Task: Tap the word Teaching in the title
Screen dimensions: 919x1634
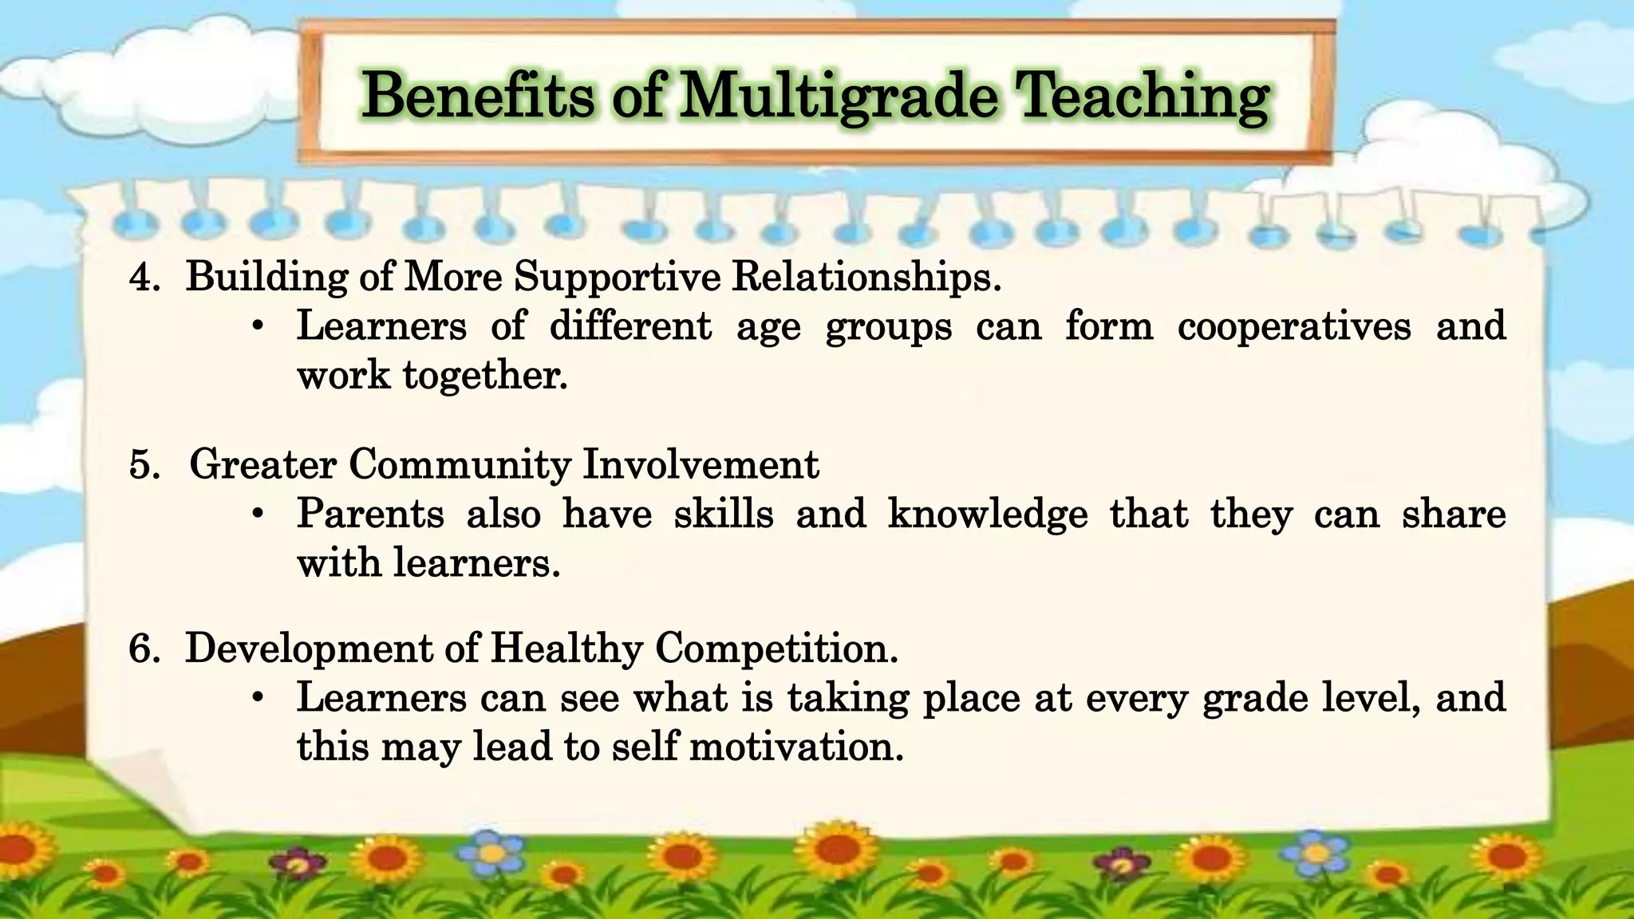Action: (1143, 97)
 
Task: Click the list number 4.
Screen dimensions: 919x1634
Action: (144, 278)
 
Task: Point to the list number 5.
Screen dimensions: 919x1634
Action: (144, 465)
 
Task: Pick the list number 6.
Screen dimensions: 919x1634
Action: (144, 649)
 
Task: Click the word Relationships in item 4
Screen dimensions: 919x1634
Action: (865, 278)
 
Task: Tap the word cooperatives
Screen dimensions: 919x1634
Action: (1294, 327)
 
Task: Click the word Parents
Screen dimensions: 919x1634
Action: (370, 514)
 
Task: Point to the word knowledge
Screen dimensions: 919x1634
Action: (988, 514)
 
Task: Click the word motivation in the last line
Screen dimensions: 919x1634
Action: (795, 747)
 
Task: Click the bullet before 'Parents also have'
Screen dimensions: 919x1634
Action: (257, 515)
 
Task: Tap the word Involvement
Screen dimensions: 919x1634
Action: (701, 464)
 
